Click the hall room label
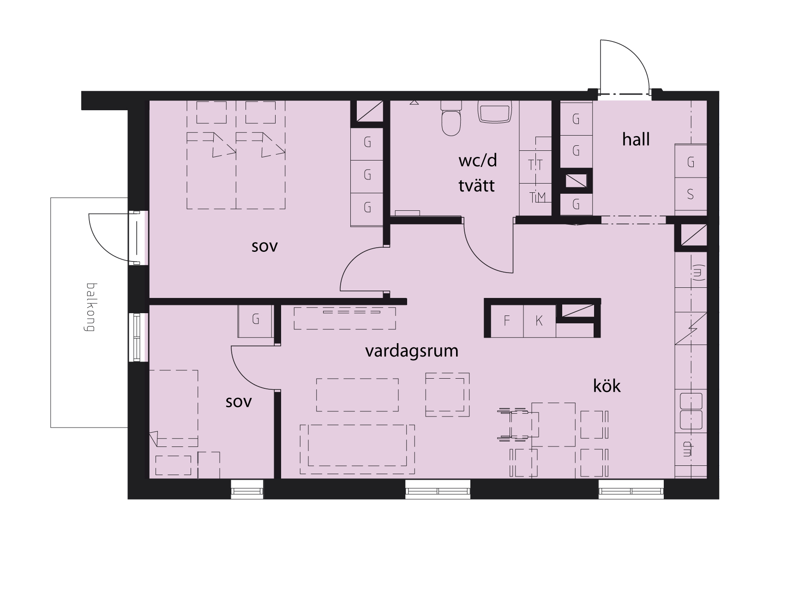pyautogui.click(x=636, y=139)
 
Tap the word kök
pyautogui.click(x=607, y=386)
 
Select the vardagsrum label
pyautogui.click(x=412, y=351)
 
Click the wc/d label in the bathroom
pyautogui.click(x=477, y=161)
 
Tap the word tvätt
pyautogui.click(x=476, y=185)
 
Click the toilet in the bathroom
pyautogui.click(x=451, y=119)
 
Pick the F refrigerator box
pyautogui.click(x=507, y=321)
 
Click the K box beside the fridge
pyautogui.click(x=539, y=321)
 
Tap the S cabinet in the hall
pyautogui.click(x=691, y=194)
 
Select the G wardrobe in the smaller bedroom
pyautogui.click(x=255, y=320)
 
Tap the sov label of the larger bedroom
pyautogui.click(x=264, y=246)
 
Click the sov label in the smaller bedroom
pyautogui.click(x=239, y=402)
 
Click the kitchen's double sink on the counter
pyautogui.click(x=691, y=411)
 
